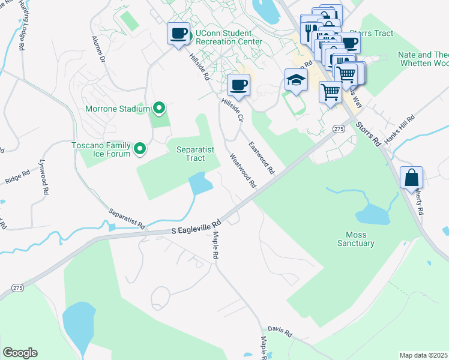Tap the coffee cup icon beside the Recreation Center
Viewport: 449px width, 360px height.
pyautogui.click(x=178, y=33)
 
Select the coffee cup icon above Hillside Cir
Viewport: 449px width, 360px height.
pyautogui.click(x=238, y=85)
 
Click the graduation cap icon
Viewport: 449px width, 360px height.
pyautogui.click(x=296, y=80)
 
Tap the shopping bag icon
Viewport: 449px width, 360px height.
pyautogui.click(x=412, y=178)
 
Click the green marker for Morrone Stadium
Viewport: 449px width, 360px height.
pyautogui.click(x=158, y=109)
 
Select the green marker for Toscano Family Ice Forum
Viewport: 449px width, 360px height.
pyautogui.click(x=140, y=148)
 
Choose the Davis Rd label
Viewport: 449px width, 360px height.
pyautogui.click(x=280, y=332)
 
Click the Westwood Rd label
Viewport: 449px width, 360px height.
pyautogui.click(x=243, y=171)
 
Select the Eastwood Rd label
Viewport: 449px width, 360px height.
pyautogui.click(x=262, y=158)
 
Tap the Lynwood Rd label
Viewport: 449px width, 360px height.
pyautogui.click(x=43, y=176)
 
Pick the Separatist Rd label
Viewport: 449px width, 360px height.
pyautogui.click(x=127, y=218)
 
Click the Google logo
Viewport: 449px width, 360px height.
pyautogui.click(x=20, y=353)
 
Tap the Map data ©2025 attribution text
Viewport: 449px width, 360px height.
pyautogui.click(x=424, y=355)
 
